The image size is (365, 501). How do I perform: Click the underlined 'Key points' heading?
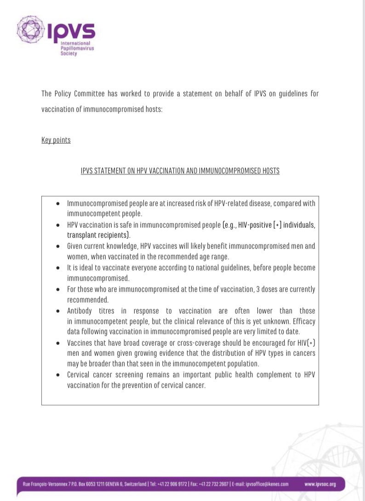[56, 140]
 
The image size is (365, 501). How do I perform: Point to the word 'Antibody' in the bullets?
[81, 310]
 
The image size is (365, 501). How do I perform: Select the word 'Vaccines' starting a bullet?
[80, 343]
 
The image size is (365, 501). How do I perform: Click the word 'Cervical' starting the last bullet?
[80, 375]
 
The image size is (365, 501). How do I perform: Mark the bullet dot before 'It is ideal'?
[57, 268]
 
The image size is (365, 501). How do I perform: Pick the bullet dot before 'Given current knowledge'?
[57, 246]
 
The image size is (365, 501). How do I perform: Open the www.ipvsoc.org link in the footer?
[320, 484]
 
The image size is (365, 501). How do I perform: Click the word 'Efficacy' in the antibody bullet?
[303, 321]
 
